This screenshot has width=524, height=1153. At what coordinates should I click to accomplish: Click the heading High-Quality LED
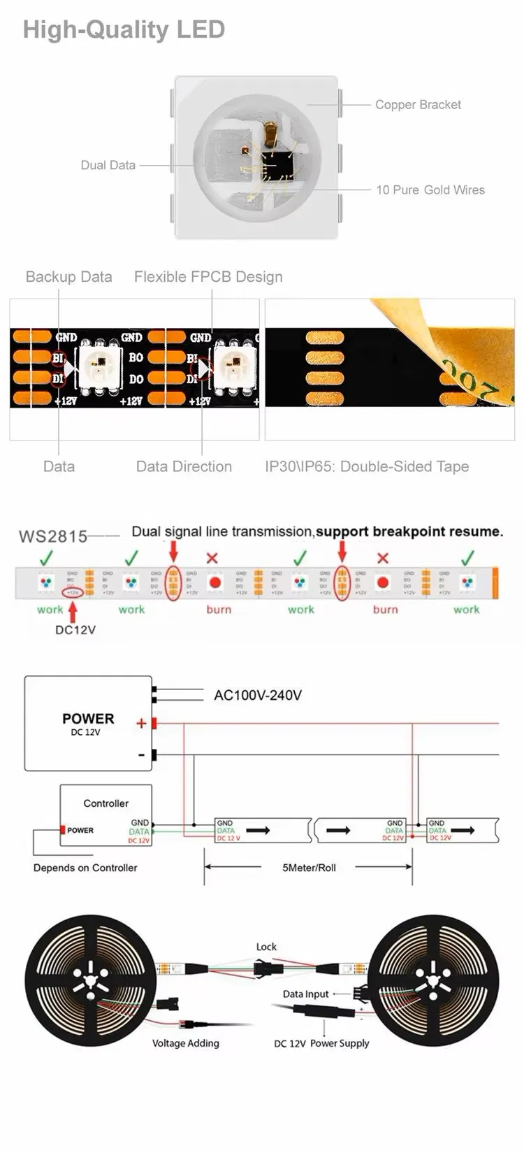click(124, 29)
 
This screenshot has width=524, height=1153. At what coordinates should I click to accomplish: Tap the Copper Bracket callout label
click(418, 105)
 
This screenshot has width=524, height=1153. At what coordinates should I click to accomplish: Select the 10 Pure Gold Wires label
click(430, 190)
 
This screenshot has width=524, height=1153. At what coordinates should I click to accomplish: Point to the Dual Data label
click(108, 166)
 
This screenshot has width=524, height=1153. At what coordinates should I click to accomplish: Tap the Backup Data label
click(68, 277)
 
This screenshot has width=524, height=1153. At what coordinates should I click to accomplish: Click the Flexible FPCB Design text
click(208, 277)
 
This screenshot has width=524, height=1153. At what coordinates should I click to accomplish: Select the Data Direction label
click(184, 466)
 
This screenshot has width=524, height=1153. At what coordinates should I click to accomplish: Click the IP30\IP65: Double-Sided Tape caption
click(367, 466)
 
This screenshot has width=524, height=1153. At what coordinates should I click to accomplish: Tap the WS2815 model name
click(53, 536)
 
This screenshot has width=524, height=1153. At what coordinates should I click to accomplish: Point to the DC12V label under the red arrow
click(75, 630)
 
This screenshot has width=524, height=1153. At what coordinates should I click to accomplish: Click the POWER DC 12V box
click(88, 724)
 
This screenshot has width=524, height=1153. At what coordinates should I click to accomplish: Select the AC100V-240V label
click(258, 696)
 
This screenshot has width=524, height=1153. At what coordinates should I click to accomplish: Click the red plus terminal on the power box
click(154, 723)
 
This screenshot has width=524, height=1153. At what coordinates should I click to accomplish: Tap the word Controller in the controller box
click(106, 803)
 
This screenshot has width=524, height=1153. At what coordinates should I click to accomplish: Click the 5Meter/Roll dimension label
click(309, 868)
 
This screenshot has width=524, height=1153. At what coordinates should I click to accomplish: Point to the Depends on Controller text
click(85, 868)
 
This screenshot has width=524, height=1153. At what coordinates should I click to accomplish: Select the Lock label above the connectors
click(266, 947)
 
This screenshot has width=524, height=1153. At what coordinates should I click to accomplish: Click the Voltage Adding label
click(186, 1043)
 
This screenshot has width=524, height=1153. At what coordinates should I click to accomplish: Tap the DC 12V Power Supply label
click(321, 1043)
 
